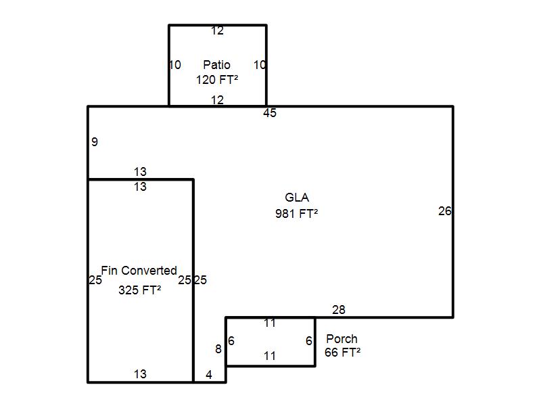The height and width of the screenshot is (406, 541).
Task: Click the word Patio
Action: click(x=216, y=64)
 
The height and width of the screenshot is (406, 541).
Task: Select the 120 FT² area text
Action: click(x=217, y=80)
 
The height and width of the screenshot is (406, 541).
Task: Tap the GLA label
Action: click(x=297, y=198)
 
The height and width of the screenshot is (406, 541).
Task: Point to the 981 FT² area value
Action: click(x=296, y=214)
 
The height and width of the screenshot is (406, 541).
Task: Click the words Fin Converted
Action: click(x=139, y=270)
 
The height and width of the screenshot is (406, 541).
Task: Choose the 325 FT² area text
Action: click(x=140, y=290)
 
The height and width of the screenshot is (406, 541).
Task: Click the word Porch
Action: click(x=342, y=339)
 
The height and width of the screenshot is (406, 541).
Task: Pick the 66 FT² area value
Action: click(x=343, y=353)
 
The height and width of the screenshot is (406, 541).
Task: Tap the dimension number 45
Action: click(x=270, y=113)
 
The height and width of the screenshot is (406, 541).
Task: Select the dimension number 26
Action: click(x=445, y=211)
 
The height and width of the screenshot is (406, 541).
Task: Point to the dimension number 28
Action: click(x=339, y=310)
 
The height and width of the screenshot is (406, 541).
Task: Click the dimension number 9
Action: click(x=95, y=141)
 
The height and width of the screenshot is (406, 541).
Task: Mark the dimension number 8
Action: click(x=218, y=349)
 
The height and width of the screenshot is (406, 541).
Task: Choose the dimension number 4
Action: click(x=209, y=375)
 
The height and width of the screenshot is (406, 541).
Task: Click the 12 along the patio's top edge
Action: click(x=217, y=30)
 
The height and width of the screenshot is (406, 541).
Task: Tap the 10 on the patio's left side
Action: click(x=175, y=64)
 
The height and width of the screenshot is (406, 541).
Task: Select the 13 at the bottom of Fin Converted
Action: click(x=140, y=374)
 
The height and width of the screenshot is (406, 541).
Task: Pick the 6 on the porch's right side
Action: click(x=309, y=341)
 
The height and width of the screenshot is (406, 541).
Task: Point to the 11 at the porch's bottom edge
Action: click(x=270, y=356)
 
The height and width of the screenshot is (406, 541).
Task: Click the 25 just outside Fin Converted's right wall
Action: click(x=200, y=280)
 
